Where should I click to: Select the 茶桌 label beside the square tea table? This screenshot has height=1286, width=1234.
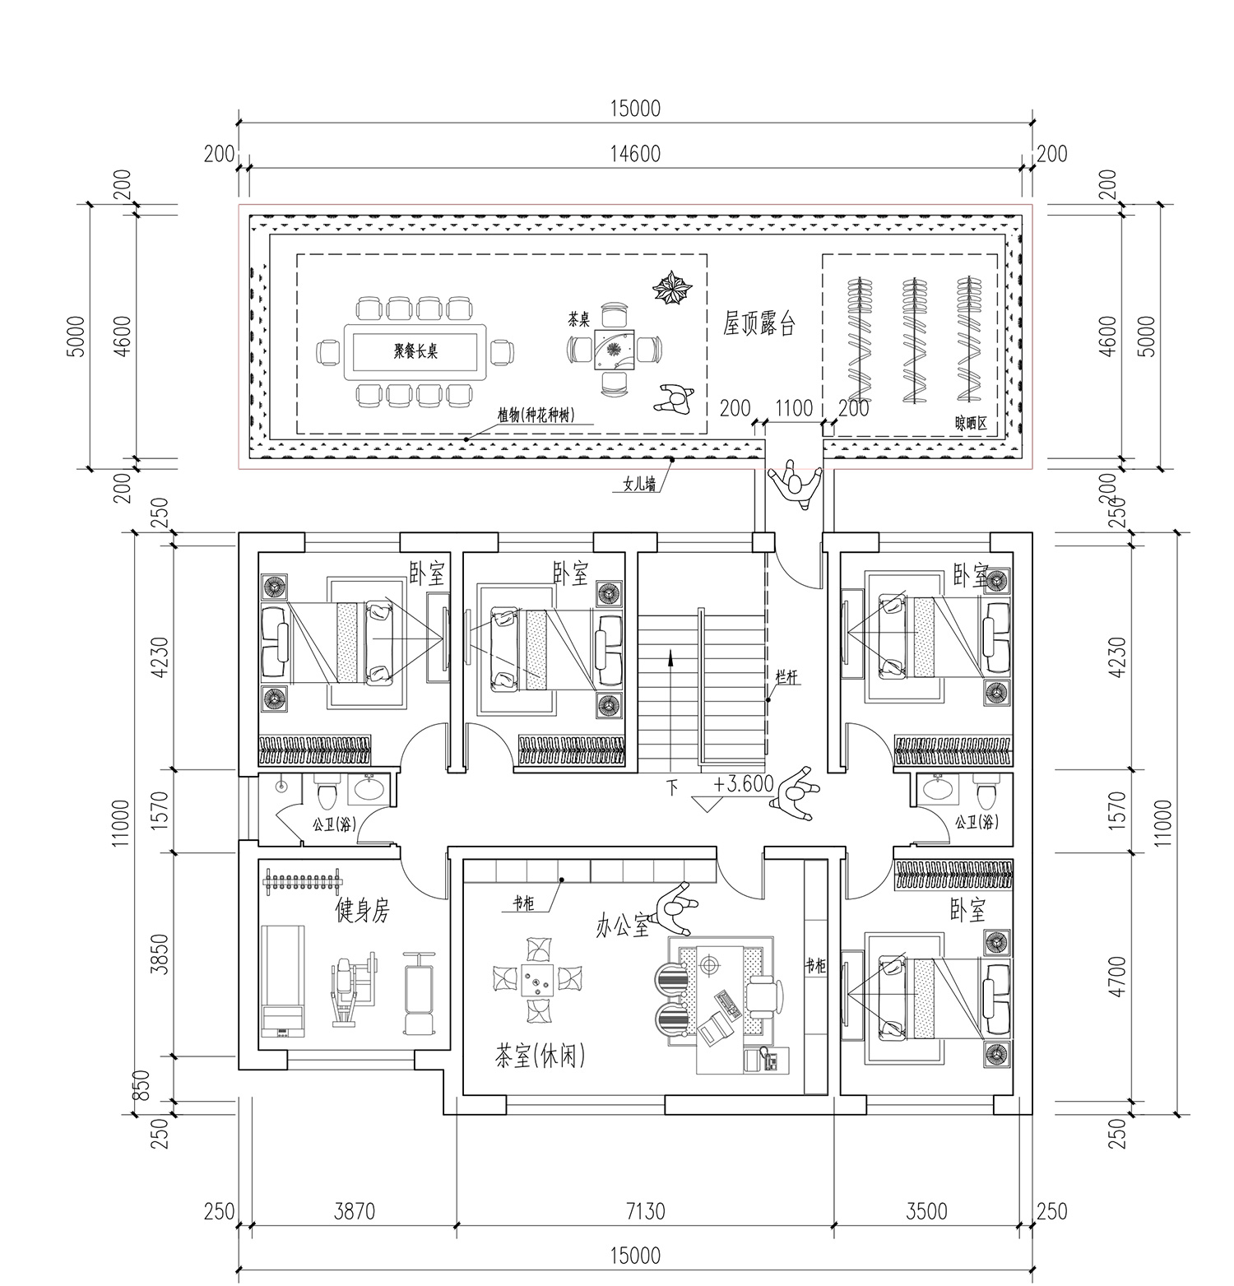(x=579, y=317)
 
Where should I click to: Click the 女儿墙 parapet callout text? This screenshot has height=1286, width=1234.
(x=635, y=485)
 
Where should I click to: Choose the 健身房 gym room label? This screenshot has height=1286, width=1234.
(x=362, y=910)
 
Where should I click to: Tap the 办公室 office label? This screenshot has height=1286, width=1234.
(x=623, y=927)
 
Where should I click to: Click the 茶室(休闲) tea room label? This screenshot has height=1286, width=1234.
(x=540, y=1056)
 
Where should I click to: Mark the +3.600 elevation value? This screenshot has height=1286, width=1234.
(x=744, y=784)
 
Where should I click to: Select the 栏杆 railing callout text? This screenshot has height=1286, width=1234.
(x=787, y=677)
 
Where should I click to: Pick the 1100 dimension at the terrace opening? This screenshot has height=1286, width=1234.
(x=794, y=408)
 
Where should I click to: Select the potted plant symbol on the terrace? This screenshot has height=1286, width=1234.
(x=673, y=288)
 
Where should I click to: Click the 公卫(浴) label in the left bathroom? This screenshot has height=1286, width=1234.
(x=334, y=824)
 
